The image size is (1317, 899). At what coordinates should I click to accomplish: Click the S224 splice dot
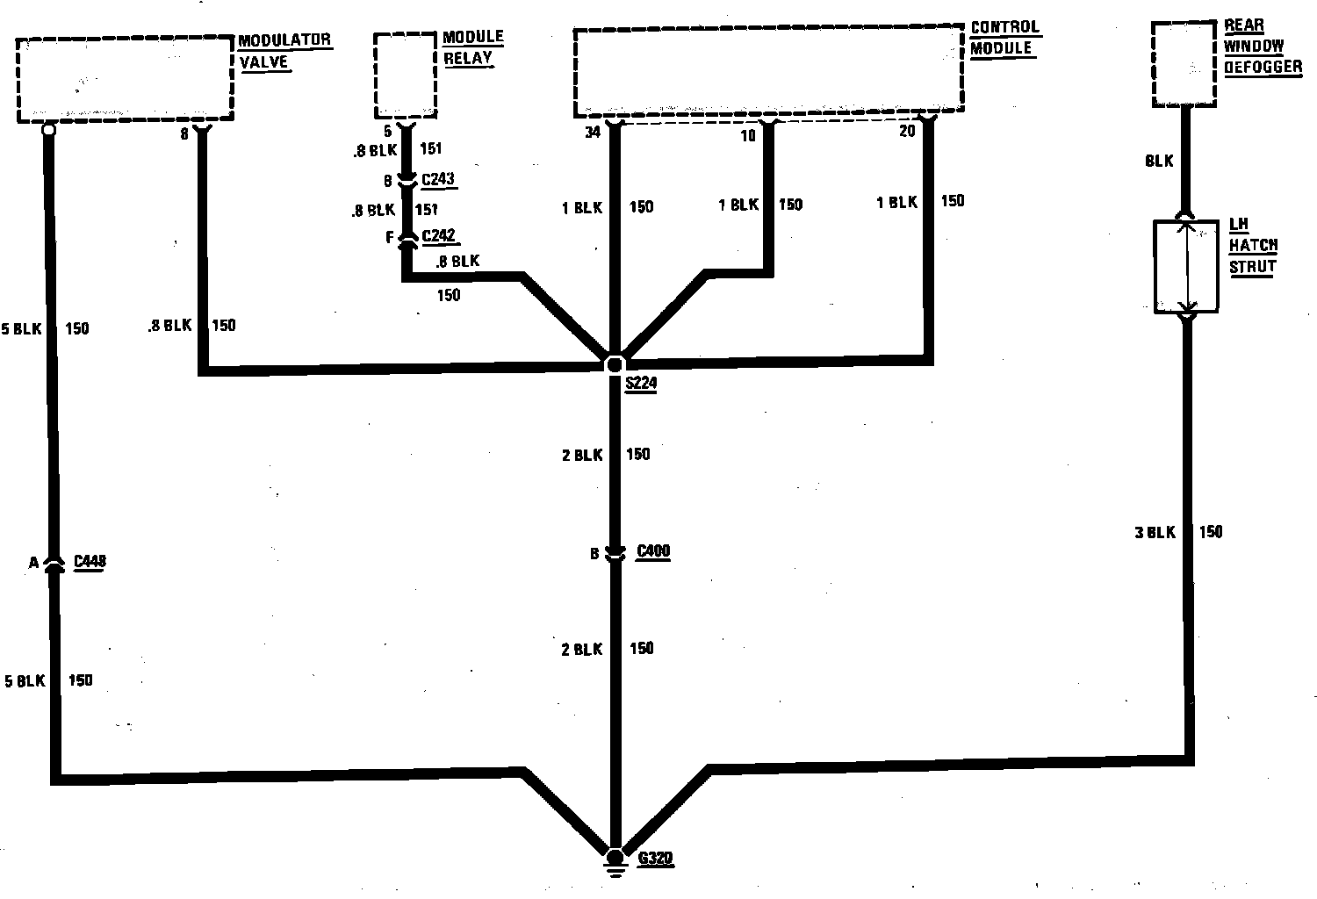point(615,363)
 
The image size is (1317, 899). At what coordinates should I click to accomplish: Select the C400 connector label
point(652,551)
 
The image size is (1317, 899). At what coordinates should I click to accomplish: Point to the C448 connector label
point(90,562)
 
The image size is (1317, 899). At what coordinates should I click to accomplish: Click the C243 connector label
point(438,180)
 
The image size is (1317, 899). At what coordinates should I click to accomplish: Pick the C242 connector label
point(439,236)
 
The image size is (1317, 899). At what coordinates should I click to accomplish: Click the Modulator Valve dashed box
point(125,78)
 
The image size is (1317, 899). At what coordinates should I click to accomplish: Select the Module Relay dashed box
point(406,76)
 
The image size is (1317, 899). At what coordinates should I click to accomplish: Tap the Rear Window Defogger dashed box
point(1184,63)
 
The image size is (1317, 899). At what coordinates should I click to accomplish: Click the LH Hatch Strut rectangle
point(1186,266)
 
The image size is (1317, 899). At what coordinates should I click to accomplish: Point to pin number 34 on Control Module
point(593,133)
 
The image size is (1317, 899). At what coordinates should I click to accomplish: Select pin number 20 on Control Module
point(907,132)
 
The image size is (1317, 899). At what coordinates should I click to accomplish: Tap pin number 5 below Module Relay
point(387,132)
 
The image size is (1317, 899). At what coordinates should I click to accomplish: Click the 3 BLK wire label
point(1155,532)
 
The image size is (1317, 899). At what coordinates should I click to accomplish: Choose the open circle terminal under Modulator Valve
point(48,130)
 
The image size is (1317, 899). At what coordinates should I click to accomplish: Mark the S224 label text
point(641,384)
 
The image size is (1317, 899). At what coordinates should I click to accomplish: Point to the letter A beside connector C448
point(33,563)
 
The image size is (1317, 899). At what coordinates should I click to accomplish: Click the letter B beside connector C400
point(594,554)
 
